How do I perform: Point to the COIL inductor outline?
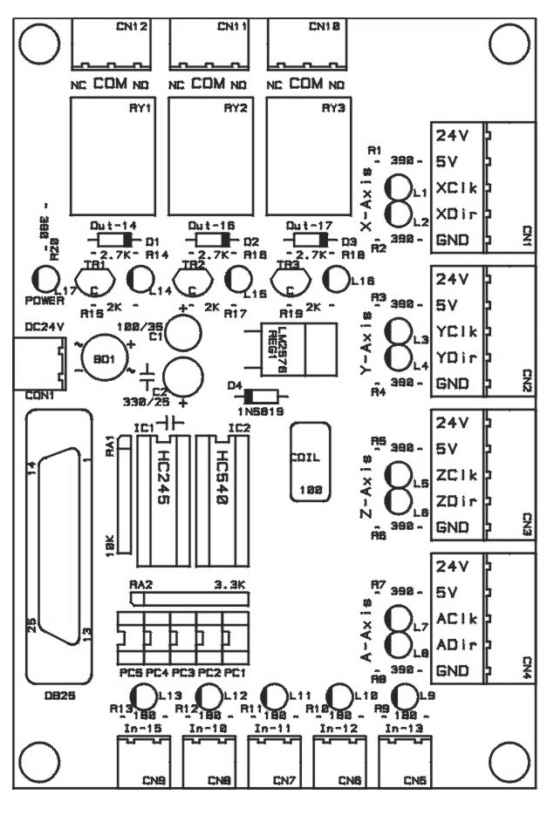[310, 462]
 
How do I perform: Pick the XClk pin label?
[454, 188]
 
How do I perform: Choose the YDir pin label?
[454, 357]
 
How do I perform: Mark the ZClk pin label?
[454, 476]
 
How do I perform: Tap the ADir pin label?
[454, 644]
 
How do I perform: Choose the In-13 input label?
[402, 727]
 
